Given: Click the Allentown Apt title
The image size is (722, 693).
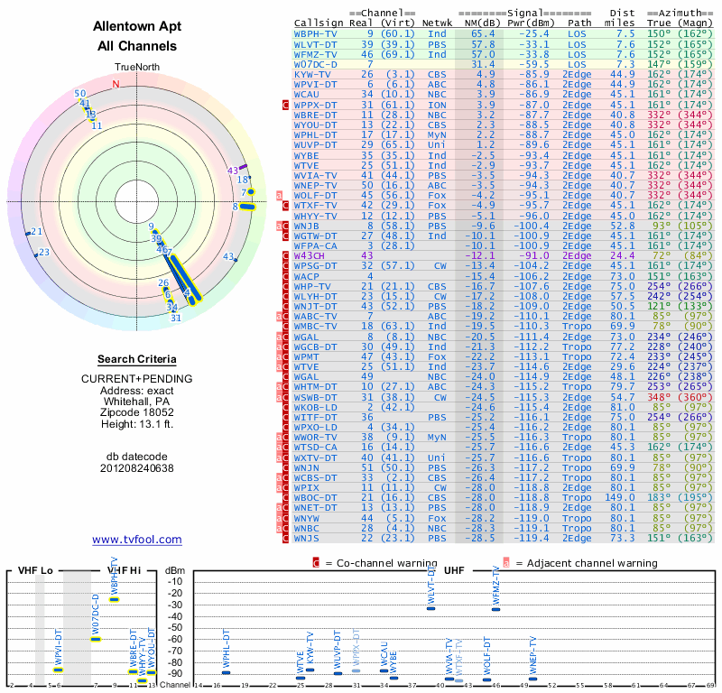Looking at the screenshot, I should coord(134,26).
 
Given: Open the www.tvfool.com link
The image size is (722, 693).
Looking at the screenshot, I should coord(136,540).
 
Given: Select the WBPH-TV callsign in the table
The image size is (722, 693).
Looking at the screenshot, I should coord(315,32).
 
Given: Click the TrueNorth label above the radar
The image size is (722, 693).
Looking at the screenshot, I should coord(134,68).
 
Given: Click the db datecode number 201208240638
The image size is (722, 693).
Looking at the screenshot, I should coord(136,467).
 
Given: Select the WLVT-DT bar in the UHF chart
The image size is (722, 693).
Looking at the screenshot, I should coord(431,608).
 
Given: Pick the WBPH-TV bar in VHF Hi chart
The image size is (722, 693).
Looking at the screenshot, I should coord(115,600).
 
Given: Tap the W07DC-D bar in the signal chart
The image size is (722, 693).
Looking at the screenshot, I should coord(96,639).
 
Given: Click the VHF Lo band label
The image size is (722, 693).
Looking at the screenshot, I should coord(35,570).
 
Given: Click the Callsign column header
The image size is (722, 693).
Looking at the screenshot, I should coord(319,22).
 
